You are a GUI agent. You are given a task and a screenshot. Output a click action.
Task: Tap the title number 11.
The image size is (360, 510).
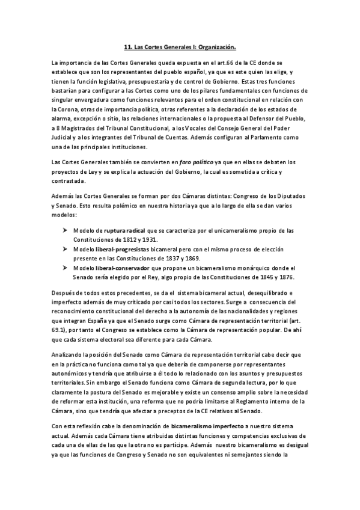coord(127,46)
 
